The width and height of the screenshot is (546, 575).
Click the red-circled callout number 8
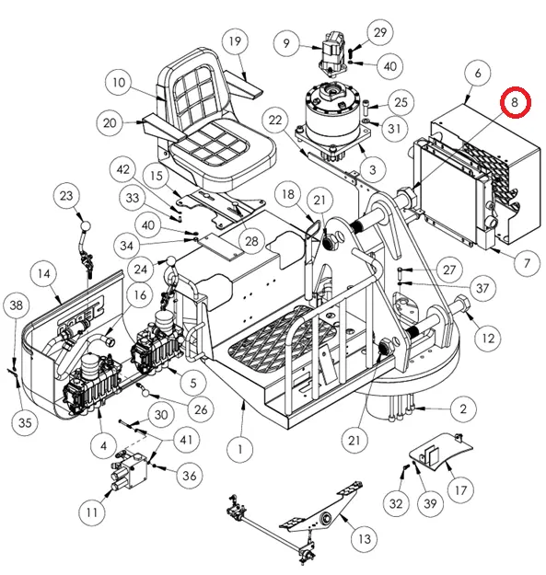coord(515,102)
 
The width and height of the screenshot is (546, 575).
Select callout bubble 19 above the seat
coord(235,40)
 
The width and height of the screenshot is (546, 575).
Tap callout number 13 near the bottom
coord(364,539)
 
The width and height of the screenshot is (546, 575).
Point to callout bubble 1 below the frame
coord(240,449)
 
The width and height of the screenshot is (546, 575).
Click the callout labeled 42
coord(123,169)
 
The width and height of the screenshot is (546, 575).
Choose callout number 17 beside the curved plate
coord(460,490)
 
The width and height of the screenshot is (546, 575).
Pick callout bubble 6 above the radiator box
coord(477,73)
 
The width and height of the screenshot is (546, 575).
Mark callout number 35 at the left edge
coord(25,422)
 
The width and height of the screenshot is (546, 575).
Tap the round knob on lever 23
coord(85,225)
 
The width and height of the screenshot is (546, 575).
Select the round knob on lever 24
coord(170,262)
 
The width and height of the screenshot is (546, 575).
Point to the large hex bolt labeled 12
coord(462,304)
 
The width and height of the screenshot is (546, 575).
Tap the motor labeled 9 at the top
coord(332,54)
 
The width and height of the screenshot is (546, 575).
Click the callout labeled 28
coord(251,241)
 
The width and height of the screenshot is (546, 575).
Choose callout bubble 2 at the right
coord(463,408)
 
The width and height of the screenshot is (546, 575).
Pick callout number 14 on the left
coord(43,273)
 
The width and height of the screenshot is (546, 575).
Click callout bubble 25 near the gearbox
coord(401,101)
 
